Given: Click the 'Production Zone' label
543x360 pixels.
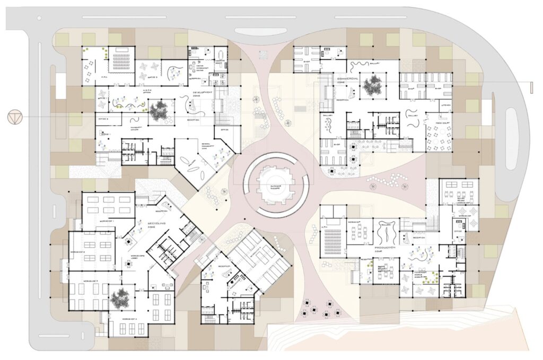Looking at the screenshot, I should coord(386,249).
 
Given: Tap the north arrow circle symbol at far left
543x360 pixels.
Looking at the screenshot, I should coord(14,116).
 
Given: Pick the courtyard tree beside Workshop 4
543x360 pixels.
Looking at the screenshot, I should coord(120,299).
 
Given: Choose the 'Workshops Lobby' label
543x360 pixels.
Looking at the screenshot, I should coord(129,262).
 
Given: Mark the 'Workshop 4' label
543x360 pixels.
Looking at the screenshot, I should coord(129,318).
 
